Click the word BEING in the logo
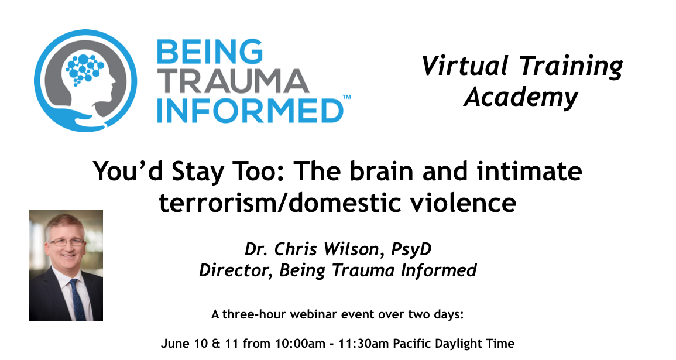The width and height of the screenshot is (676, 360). click(x=209, y=52)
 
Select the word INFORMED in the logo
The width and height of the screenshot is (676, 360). click(x=249, y=111)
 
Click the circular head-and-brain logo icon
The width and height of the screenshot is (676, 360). click(x=85, y=81)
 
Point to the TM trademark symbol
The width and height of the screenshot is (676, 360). click(x=346, y=98)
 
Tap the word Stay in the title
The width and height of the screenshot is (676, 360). click(x=198, y=172)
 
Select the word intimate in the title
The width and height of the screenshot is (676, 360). click(x=530, y=171)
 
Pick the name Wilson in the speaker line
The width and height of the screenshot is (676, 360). click(x=349, y=249)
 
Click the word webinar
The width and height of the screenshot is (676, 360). click(x=312, y=314)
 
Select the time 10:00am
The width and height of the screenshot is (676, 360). click(x=300, y=344)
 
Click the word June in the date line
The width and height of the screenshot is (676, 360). click(x=173, y=344)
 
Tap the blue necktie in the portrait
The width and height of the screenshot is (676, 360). click(x=77, y=299)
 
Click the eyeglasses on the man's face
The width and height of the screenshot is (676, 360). click(x=67, y=242)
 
